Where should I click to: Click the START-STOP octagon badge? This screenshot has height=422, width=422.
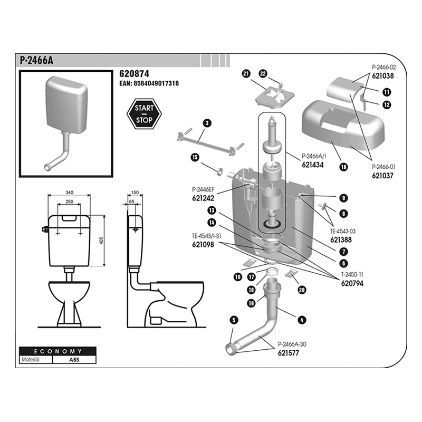[144, 114]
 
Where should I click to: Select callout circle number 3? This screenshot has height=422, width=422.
[207, 123]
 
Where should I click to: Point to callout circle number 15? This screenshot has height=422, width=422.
[195, 157]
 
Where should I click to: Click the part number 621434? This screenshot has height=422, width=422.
[312, 165]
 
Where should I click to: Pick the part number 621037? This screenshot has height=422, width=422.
[383, 175]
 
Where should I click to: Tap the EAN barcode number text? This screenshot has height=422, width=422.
[149, 83]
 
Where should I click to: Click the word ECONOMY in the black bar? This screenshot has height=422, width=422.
[57, 351]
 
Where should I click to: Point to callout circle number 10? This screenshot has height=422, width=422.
[343, 167]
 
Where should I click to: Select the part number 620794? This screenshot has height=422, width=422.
[352, 283]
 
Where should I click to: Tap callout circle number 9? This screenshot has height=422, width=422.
[343, 198]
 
